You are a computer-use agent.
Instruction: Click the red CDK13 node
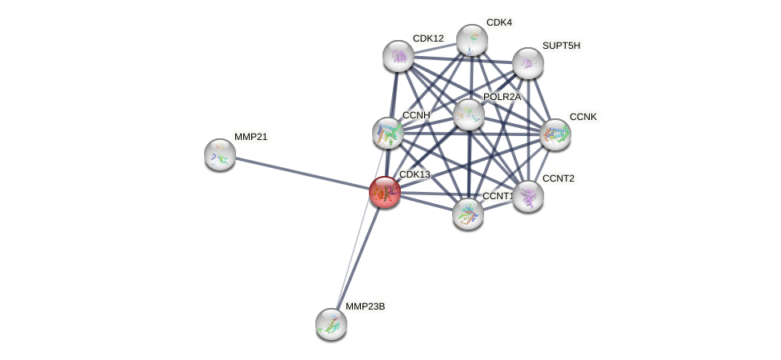click(384, 192)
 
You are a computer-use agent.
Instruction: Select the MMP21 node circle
click(219, 154)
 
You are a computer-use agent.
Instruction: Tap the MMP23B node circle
click(330, 324)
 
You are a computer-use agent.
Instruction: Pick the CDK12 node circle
click(398, 55)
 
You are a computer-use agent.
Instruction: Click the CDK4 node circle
click(472, 39)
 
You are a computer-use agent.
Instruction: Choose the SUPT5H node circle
click(527, 63)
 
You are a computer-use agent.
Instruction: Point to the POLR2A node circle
click(468, 114)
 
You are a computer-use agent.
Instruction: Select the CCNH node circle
click(388, 133)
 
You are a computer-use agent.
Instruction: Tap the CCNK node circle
click(555, 134)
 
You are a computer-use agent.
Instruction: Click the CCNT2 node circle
click(527, 195)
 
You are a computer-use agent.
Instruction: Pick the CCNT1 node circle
click(467, 214)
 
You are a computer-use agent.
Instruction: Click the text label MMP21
click(250, 137)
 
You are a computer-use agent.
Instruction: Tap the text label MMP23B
click(365, 306)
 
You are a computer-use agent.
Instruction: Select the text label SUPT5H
click(561, 46)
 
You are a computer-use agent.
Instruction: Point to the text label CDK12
click(428, 38)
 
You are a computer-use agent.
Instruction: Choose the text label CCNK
click(583, 117)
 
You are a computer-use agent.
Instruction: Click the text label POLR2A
click(502, 97)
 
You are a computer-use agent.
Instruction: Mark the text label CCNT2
click(558, 178)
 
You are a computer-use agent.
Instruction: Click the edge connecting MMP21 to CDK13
click(302, 173)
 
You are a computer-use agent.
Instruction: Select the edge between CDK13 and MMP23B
click(357, 258)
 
